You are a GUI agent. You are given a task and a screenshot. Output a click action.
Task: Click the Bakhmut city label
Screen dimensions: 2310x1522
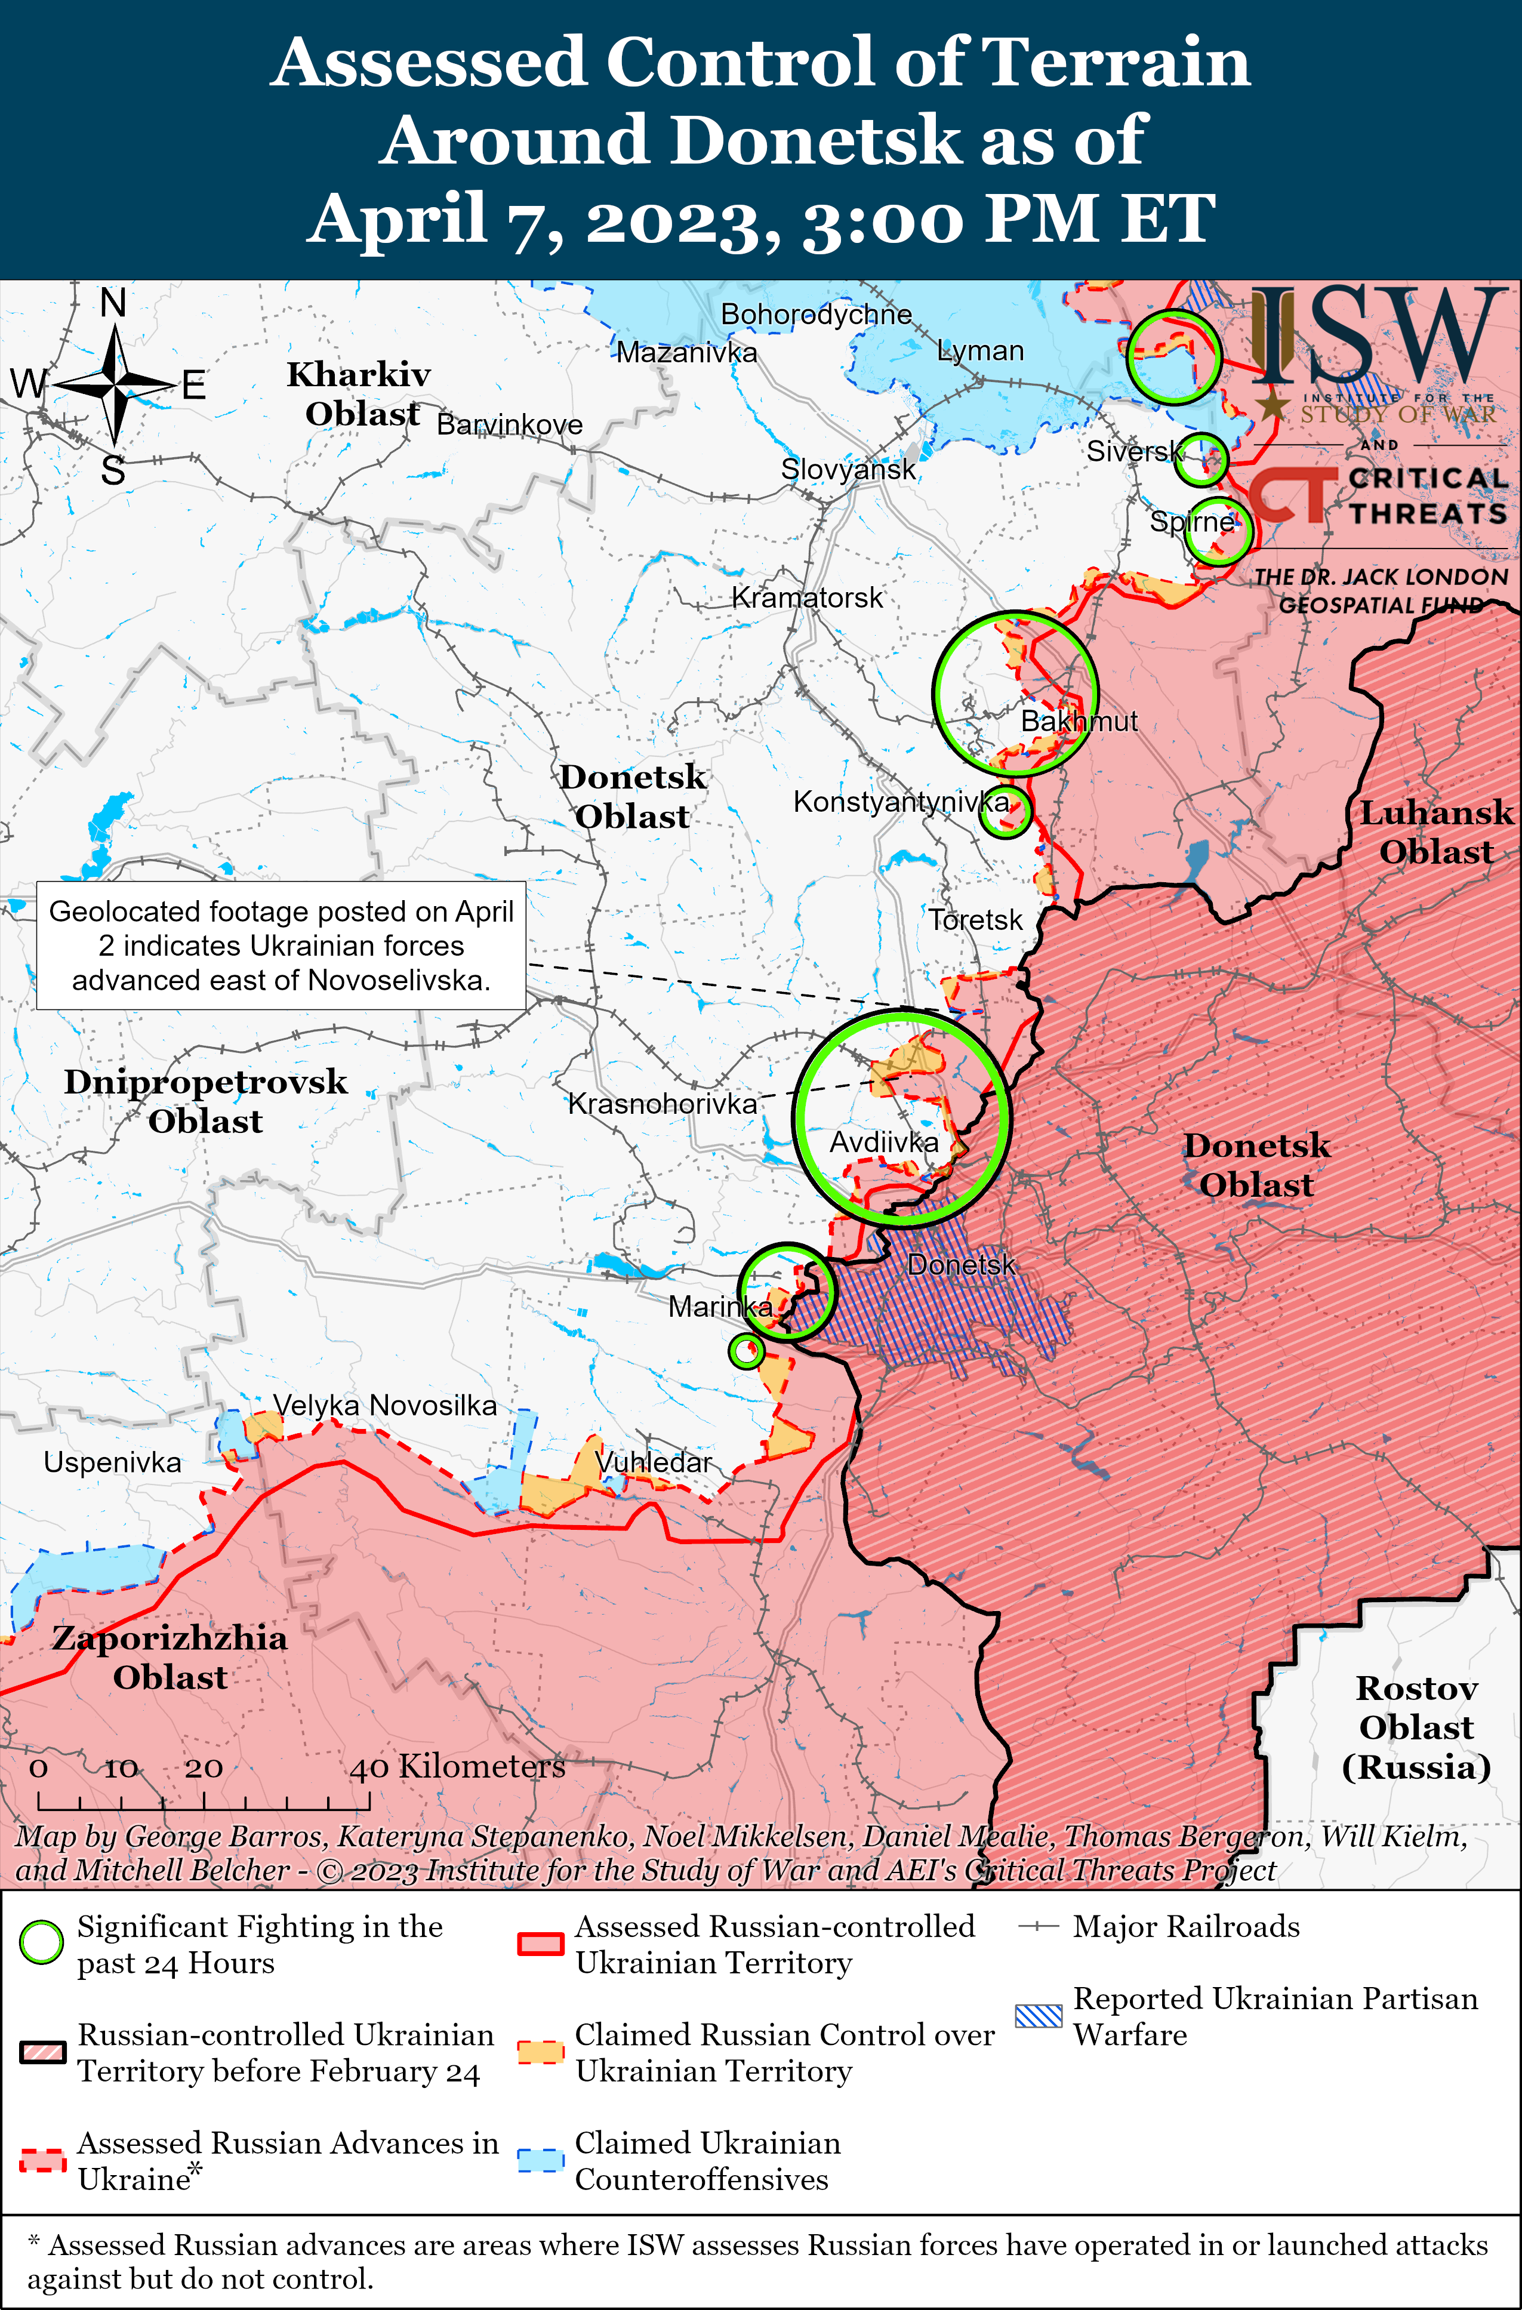(1079, 721)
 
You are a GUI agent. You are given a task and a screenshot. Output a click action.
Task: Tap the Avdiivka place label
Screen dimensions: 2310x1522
(883, 1142)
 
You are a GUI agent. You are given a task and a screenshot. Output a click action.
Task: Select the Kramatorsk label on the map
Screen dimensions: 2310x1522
(806, 598)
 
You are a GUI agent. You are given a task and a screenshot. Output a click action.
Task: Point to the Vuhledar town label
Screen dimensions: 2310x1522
(653, 1462)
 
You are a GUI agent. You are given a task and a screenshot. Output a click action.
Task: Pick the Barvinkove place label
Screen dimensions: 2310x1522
(510, 425)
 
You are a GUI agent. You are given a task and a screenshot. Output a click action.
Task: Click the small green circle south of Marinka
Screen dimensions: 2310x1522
(745, 1350)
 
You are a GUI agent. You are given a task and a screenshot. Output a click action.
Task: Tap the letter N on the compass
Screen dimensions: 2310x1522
(113, 304)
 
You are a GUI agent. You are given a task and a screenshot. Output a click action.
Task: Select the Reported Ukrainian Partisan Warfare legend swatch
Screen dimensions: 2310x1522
(1037, 2016)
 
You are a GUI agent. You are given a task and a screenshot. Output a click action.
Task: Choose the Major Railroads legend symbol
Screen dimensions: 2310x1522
(1037, 1927)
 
